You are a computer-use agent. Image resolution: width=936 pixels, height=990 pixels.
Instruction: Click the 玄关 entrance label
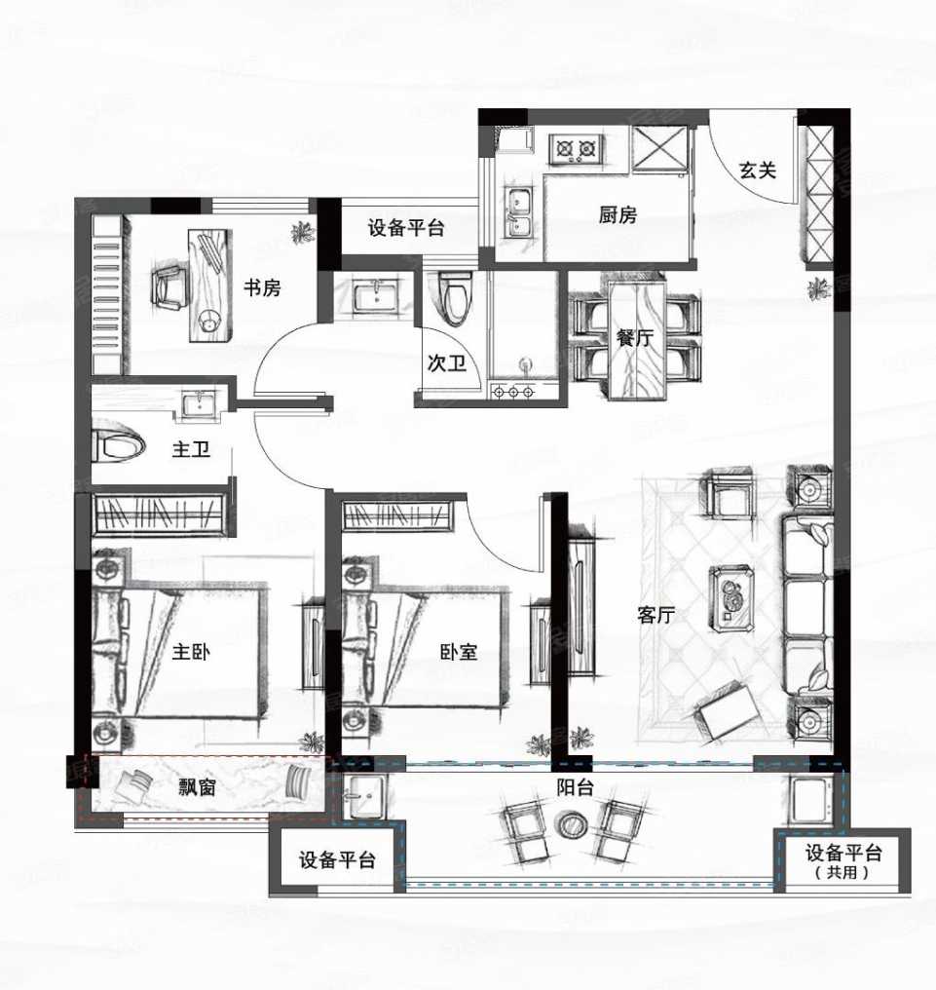click(x=757, y=171)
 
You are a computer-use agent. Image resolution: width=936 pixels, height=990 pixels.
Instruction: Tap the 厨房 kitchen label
click(x=618, y=215)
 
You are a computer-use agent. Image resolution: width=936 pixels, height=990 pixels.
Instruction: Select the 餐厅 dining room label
click(x=634, y=338)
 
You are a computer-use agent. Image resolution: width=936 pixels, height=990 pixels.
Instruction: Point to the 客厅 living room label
click(x=656, y=615)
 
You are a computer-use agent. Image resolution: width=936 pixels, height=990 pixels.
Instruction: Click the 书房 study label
click(x=261, y=287)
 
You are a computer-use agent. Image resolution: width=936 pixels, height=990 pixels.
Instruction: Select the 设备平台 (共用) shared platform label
click(x=843, y=860)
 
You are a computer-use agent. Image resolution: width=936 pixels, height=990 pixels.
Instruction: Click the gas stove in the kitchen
click(x=575, y=149)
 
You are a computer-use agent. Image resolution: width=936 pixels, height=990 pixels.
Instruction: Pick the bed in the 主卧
click(x=180, y=651)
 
